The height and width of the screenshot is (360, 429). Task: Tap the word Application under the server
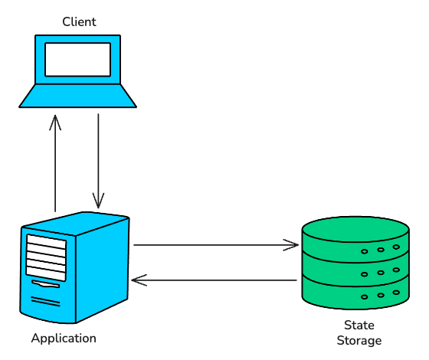coord(64,338)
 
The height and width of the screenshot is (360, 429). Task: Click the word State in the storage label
coord(359,325)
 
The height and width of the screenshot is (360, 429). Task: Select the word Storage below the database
coord(359,340)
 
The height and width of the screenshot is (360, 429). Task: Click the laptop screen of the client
coord(77,59)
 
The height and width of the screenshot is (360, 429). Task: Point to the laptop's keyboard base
coord(77,96)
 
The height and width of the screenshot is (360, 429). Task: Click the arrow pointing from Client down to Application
coord(98,161)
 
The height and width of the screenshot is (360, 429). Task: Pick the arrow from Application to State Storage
coord(215,245)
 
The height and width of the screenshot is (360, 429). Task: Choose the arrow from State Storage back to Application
coord(215,280)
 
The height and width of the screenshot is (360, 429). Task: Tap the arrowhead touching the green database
coord(292,245)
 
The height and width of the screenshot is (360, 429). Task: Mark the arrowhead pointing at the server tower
coord(139,280)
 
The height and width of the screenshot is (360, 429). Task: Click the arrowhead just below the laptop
coord(55,121)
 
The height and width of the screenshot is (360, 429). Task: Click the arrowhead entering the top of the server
coord(98,202)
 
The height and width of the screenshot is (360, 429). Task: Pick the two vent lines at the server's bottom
coord(45,301)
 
